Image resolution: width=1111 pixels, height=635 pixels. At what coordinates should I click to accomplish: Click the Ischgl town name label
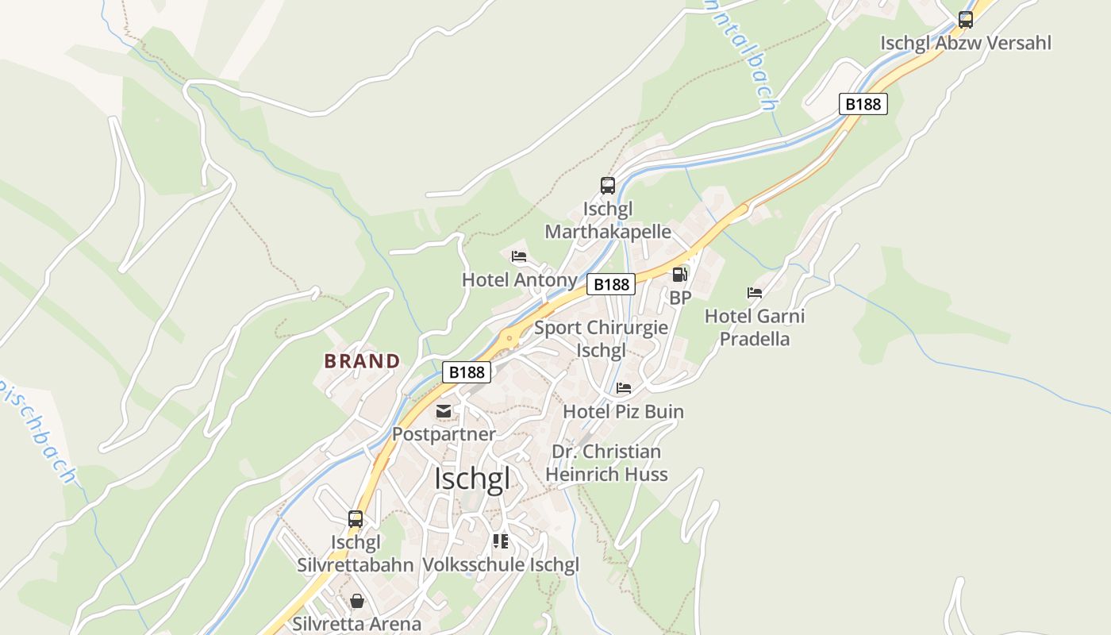coord(472,479)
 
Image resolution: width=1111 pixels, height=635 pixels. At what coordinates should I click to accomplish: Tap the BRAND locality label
coord(362,361)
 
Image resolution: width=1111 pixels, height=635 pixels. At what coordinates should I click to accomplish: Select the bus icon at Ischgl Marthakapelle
coord(608,186)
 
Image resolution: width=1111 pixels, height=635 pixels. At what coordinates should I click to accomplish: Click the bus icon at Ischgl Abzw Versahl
coord(966,20)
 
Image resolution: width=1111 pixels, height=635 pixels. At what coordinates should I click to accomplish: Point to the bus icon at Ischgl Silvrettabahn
coord(356,519)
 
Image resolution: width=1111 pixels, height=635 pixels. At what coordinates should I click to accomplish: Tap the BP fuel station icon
coord(680,275)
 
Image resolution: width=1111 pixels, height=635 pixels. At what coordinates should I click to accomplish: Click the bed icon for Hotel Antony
coord(519,256)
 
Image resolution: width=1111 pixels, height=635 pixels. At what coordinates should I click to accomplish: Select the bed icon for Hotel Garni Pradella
coord(755,293)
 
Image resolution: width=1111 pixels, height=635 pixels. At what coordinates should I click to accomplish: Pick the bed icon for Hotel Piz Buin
coord(624,388)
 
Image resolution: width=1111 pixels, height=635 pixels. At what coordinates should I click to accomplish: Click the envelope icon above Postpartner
coord(443,411)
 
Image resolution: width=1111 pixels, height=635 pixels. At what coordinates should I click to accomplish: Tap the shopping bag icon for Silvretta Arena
coord(357,601)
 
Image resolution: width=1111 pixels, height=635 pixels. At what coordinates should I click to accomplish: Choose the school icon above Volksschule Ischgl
coord(500,541)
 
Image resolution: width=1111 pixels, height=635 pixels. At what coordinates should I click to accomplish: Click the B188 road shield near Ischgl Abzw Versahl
coord(863,104)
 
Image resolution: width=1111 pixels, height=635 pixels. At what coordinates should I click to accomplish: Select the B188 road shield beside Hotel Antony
coord(611,284)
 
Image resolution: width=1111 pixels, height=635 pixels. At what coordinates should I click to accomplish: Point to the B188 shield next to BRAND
coord(467,371)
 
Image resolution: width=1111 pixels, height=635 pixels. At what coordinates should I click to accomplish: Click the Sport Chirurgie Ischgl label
coord(601,339)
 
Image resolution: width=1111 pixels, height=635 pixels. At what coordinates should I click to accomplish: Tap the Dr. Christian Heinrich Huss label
coord(606,463)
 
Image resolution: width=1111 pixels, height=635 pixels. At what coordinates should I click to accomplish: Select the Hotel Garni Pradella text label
coord(755,327)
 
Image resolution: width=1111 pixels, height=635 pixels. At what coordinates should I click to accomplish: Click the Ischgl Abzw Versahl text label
coord(966,43)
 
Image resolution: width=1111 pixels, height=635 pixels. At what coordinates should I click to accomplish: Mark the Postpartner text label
coord(444,434)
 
